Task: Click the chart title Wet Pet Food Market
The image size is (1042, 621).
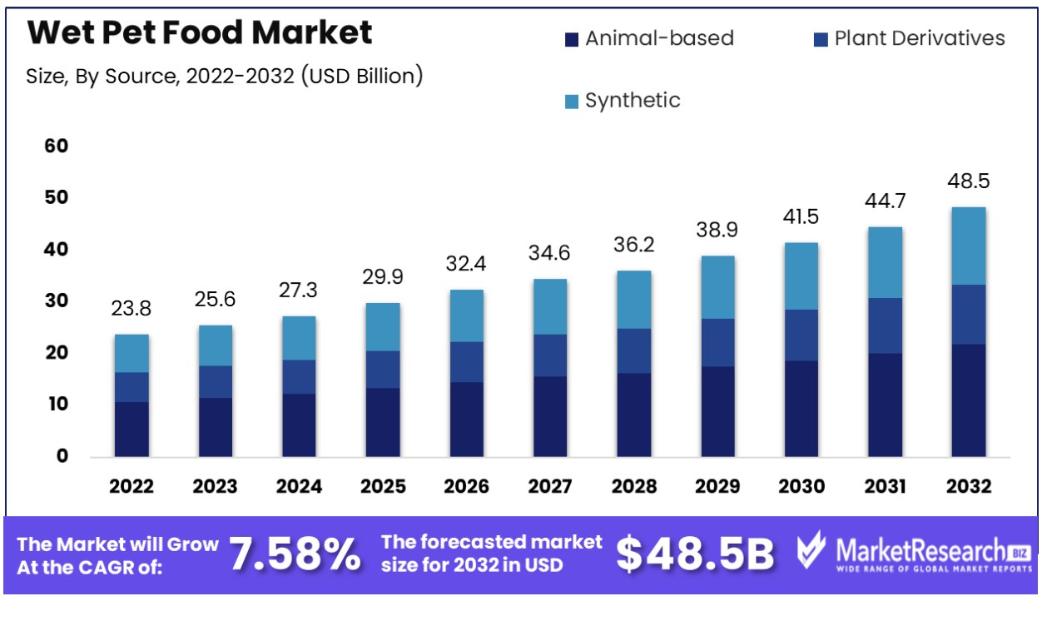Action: (200, 33)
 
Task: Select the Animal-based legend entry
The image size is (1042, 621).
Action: (649, 38)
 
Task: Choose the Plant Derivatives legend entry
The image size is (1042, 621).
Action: (909, 38)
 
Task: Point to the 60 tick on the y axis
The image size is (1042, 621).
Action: (55, 146)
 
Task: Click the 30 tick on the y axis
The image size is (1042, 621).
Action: (55, 301)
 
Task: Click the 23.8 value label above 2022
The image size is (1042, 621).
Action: (131, 310)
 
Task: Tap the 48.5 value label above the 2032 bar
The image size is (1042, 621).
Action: (968, 181)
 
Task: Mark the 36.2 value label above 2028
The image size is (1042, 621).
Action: (634, 246)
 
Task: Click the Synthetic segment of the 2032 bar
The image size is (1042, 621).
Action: (968, 246)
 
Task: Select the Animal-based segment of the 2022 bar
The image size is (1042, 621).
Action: (131, 429)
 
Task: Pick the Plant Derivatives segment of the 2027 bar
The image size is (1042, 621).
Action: (550, 355)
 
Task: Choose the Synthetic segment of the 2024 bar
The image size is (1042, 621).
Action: (299, 338)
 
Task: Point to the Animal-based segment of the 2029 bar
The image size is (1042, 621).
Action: (717, 411)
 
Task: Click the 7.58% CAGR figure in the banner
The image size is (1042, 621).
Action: (295, 554)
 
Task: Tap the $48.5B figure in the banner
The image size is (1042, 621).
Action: (695, 554)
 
